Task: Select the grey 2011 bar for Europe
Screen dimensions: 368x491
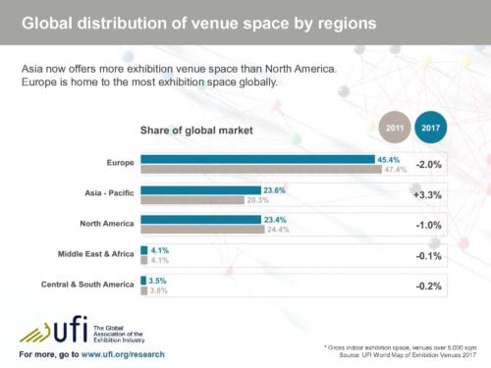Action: coord(260,169)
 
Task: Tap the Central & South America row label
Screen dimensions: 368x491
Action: coord(85,286)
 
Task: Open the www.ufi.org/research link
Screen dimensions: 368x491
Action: coord(123,353)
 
